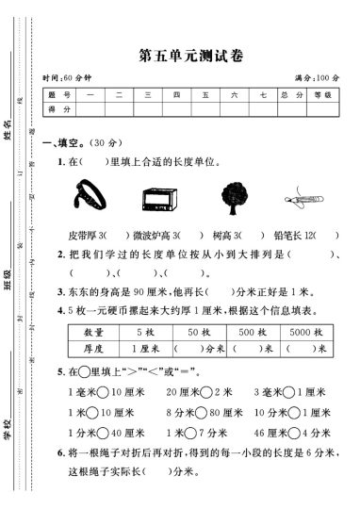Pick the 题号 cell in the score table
click(58, 95)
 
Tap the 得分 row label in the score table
click(58, 110)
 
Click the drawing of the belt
click(88, 196)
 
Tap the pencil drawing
click(303, 199)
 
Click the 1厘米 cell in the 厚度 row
click(146, 348)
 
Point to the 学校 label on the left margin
click(8, 429)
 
